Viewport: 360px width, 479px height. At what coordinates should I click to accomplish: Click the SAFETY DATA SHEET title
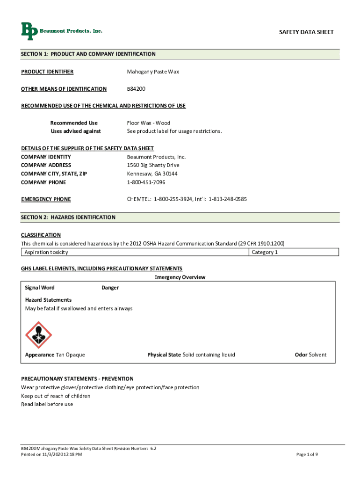click(306, 32)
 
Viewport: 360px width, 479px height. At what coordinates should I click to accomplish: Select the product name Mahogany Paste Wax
click(153, 72)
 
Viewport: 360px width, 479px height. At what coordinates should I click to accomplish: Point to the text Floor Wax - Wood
click(148, 123)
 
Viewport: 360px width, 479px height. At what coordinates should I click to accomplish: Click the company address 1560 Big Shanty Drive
click(153, 165)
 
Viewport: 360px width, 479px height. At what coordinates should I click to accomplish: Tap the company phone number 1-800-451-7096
click(146, 182)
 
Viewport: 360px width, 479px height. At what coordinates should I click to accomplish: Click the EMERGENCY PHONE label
click(46, 199)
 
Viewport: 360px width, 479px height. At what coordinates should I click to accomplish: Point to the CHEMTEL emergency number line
click(187, 199)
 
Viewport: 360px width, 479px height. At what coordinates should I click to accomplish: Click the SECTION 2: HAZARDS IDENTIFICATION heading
click(68, 218)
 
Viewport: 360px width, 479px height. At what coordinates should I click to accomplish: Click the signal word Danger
click(110, 288)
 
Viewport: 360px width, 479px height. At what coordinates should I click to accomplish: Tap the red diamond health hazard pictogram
click(38, 335)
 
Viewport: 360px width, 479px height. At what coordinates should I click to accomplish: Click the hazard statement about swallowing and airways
click(79, 309)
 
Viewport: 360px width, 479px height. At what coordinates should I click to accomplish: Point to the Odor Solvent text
click(310, 355)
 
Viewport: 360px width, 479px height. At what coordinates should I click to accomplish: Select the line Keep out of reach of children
click(56, 396)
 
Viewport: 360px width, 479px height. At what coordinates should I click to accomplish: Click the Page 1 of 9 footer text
click(307, 454)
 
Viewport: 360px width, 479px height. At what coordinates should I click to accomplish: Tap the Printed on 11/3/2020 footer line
click(51, 455)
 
